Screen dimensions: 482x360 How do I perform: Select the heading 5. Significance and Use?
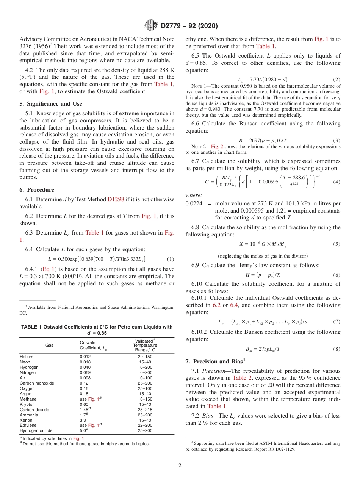click(x=51, y=104)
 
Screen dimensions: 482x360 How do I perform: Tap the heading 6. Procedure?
click(x=37, y=190)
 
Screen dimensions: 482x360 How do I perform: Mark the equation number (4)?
click(x=337, y=182)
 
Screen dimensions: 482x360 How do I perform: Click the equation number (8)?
click(x=337, y=349)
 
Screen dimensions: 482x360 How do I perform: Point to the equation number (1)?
click(x=171, y=259)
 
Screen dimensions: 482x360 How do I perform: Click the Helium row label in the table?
click(x=27, y=357)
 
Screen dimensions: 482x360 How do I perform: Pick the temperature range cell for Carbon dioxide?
click(x=145, y=410)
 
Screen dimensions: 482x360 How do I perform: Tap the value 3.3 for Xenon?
click(x=83, y=420)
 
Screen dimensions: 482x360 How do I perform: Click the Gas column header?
click(x=49, y=346)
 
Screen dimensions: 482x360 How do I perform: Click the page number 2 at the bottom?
click(x=180, y=466)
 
